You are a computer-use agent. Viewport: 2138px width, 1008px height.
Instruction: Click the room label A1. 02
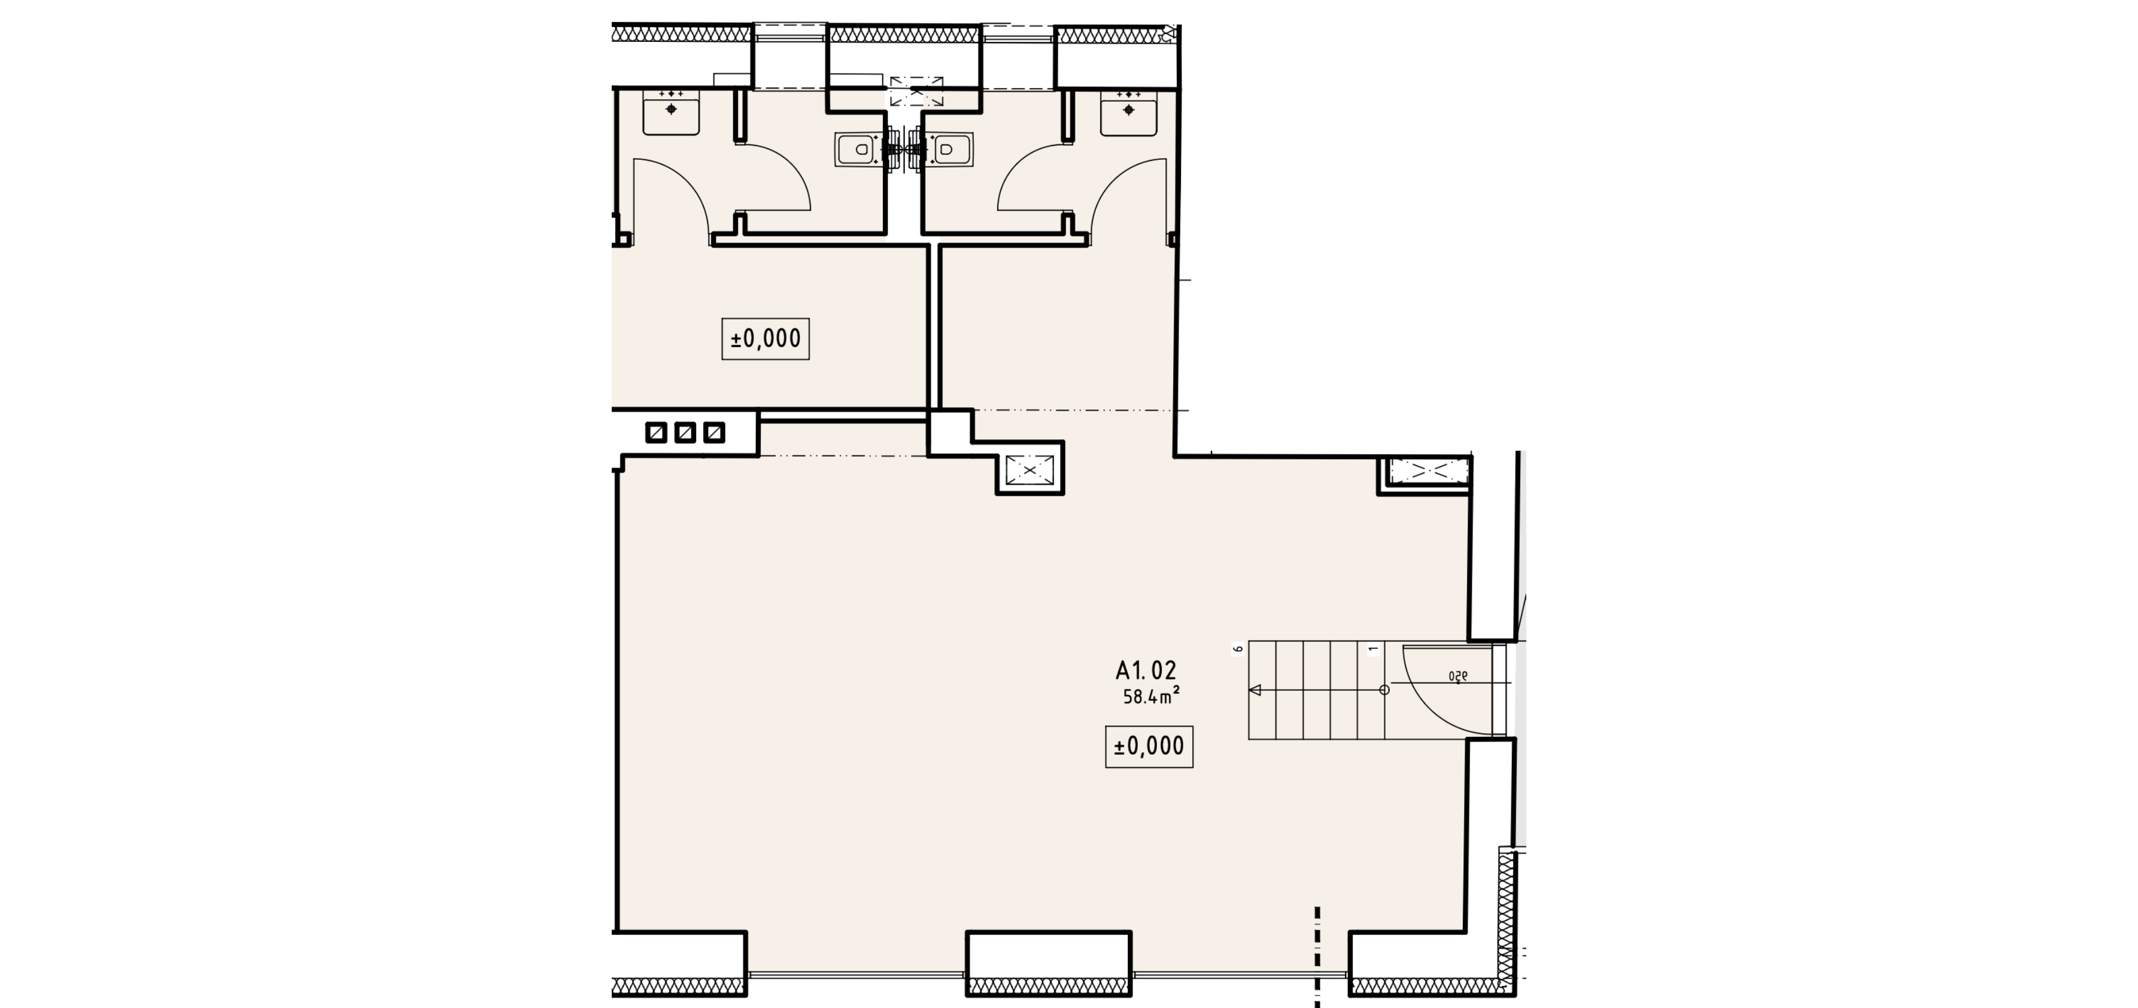click(x=1146, y=670)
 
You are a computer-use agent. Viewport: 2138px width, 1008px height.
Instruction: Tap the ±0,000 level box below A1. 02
click(x=1149, y=746)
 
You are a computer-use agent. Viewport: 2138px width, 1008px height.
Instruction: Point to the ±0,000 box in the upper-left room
click(x=765, y=339)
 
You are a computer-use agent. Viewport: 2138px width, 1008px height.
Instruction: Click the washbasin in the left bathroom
click(x=672, y=113)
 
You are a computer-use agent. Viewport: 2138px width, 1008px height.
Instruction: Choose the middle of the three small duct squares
click(x=685, y=433)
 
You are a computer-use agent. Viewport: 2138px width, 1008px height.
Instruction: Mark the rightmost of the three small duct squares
click(x=715, y=433)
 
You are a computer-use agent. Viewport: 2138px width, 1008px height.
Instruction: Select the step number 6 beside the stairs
click(x=1237, y=649)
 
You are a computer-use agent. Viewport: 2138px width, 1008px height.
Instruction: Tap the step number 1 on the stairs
click(x=1374, y=649)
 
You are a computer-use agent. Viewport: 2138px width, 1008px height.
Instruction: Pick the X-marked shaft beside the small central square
click(x=1029, y=470)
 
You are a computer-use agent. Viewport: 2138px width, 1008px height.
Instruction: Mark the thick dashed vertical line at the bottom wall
click(x=1317, y=957)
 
